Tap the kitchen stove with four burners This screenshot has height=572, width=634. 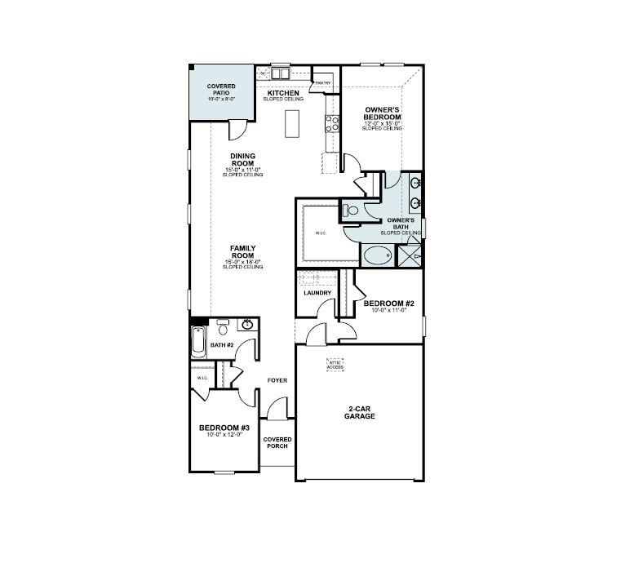coord(333,124)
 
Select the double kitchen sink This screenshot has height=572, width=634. coord(281,71)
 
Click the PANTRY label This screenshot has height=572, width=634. coord(321,82)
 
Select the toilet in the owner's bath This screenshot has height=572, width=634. coord(351,211)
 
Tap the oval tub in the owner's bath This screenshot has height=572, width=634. coord(376,256)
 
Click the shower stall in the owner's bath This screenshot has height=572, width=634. coord(409,256)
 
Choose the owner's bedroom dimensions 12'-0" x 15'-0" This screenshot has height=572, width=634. coord(382,123)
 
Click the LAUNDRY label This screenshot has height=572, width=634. coord(317,293)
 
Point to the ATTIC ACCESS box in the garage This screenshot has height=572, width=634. coord(335,366)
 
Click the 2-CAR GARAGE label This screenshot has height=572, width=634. coord(359,412)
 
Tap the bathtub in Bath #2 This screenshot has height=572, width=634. coord(197,341)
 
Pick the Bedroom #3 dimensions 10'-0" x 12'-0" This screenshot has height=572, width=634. coord(224,435)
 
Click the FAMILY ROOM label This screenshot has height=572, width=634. coord(243,251)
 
